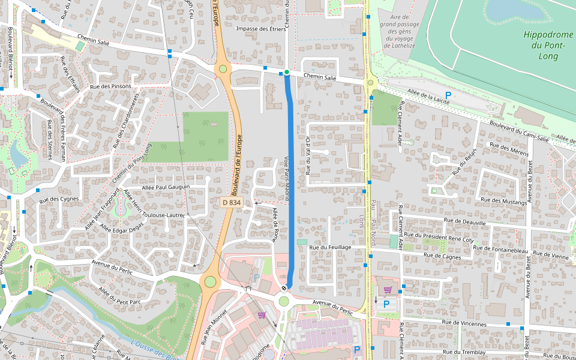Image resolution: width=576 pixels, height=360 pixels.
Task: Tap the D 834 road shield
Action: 231,203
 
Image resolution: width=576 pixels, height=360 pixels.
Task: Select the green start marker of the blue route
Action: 287,73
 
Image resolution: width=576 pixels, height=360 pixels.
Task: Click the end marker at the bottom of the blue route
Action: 284,289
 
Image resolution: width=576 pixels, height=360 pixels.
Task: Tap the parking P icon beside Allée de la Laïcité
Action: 448,95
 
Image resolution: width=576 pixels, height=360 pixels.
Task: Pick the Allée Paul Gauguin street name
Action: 166,187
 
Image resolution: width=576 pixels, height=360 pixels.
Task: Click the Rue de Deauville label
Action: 464,221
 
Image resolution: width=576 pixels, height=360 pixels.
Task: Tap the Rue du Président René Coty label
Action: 439,236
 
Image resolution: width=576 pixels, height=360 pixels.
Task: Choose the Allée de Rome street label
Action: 274,224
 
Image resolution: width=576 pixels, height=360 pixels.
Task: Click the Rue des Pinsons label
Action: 110,86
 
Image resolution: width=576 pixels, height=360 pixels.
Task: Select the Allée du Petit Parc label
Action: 119,295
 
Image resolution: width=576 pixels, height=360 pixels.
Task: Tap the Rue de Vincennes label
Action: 464,323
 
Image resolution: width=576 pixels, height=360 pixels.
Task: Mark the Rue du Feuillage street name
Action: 330,247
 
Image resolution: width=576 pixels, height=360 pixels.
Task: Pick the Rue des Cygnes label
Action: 59,199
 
